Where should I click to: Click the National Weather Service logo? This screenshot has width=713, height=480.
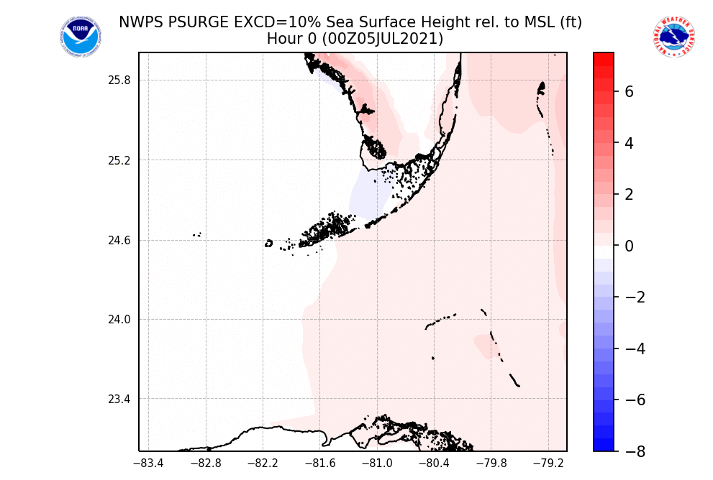pos(673,37)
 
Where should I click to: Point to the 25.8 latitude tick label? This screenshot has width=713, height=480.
pos(120,80)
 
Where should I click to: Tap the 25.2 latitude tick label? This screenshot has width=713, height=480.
pos(120,160)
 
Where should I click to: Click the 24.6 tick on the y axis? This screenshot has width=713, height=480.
pos(120,241)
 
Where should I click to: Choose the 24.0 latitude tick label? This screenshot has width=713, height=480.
pos(120,320)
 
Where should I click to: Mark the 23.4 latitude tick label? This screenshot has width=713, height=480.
pos(120,400)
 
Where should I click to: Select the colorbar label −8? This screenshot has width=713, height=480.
pos(633,451)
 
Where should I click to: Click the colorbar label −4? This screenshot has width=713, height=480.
pos(633,349)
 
